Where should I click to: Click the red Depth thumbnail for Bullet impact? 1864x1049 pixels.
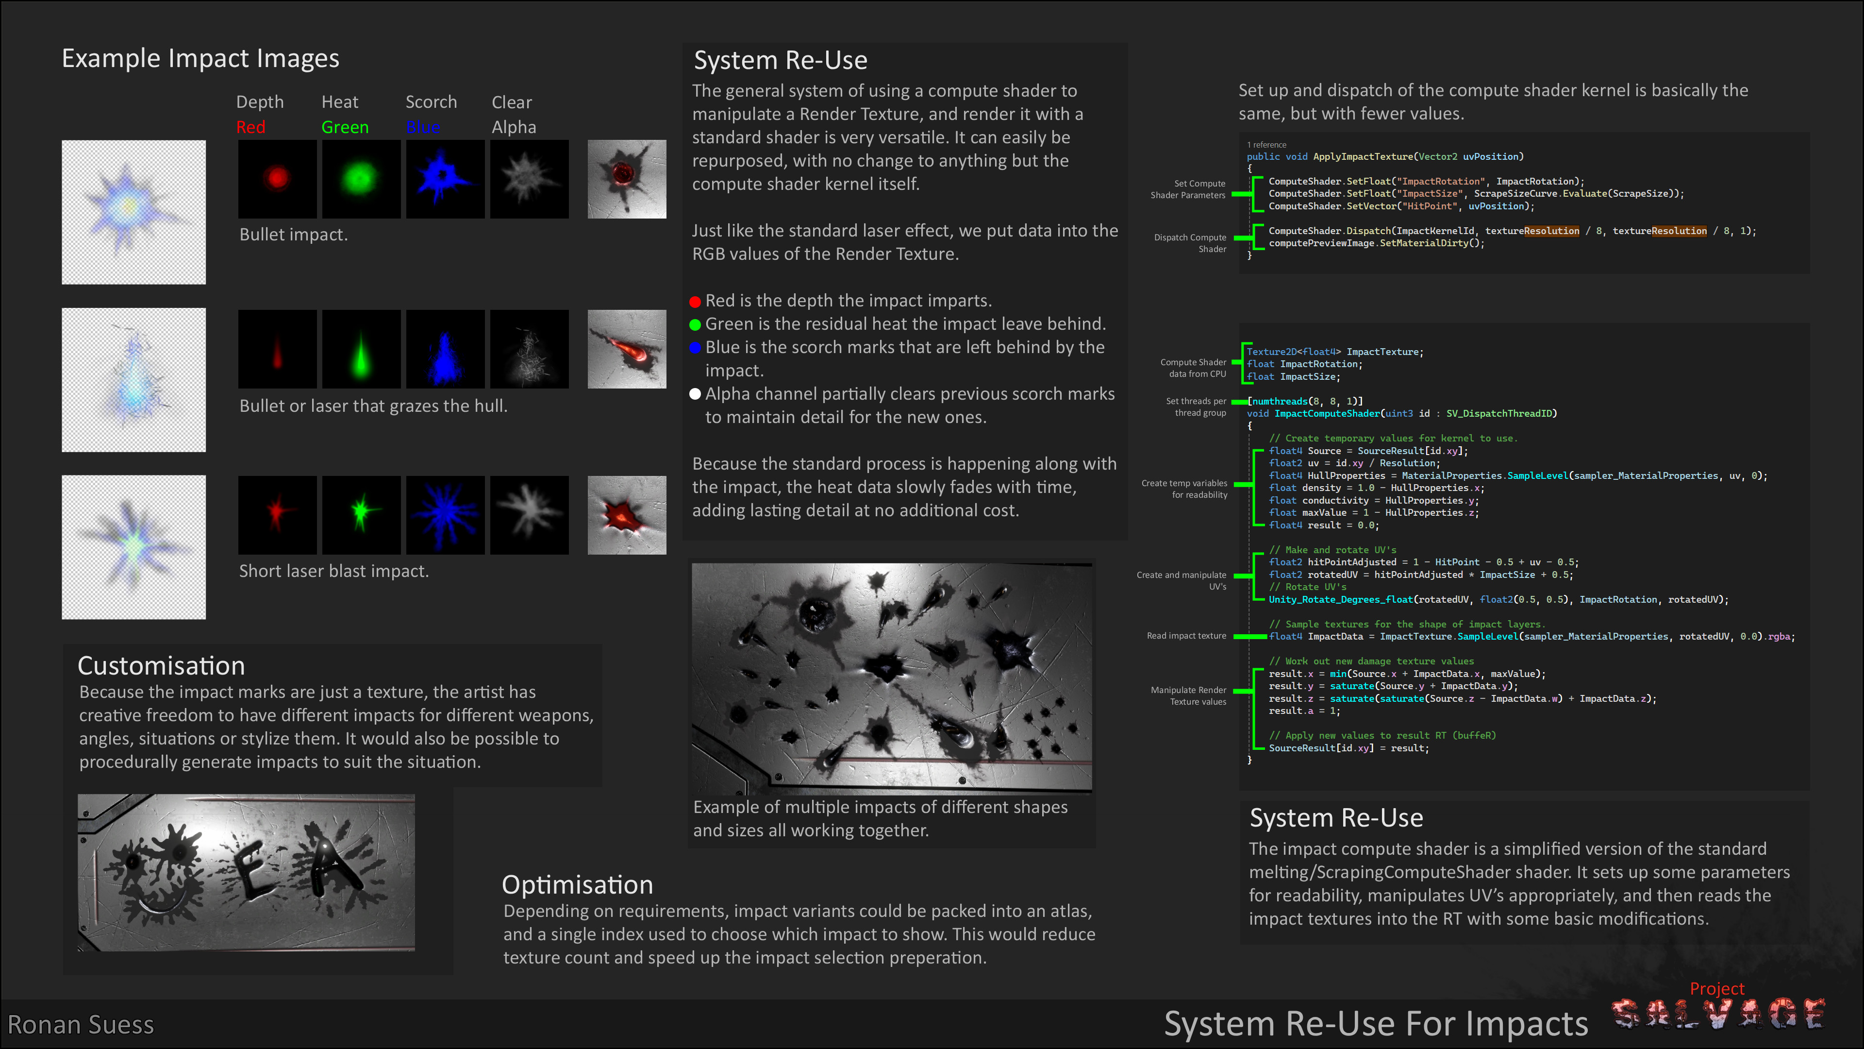[x=277, y=178]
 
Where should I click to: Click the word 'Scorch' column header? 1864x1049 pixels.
[x=431, y=102]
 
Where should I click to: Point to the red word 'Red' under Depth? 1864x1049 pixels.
[x=250, y=127]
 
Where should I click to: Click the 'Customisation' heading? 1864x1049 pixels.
[x=161, y=665]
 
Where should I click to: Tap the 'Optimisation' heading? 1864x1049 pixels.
[x=577, y=885]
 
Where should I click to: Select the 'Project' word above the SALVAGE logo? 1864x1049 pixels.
[x=1716, y=988]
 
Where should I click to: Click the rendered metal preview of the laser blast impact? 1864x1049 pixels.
[x=627, y=515]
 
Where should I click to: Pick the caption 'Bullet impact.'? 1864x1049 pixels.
[x=293, y=235]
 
